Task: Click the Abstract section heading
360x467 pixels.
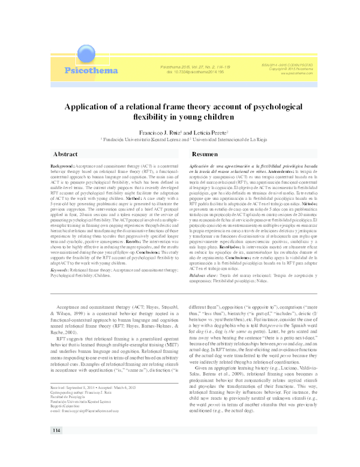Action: click(x=65, y=154)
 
